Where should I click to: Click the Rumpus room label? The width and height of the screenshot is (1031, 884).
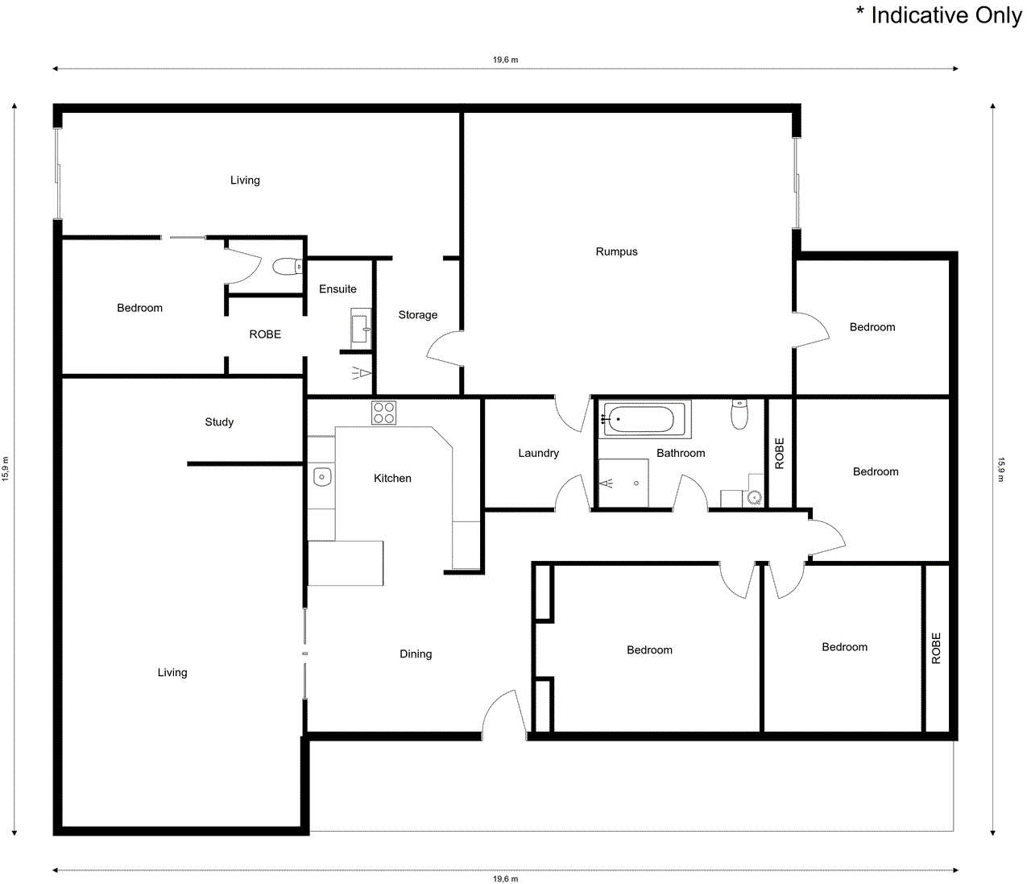[616, 251]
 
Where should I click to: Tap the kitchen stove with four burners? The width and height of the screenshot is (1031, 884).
[383, 413]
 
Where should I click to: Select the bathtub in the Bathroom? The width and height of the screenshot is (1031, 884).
[641, 419]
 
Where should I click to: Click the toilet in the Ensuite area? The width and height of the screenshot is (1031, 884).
[286, 266]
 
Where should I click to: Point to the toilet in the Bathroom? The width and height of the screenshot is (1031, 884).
[739, 414]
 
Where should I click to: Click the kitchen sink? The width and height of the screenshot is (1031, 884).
[321, 477]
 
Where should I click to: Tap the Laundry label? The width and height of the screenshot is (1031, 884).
[538, 453]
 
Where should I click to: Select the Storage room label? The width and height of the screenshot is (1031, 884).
[417, 315]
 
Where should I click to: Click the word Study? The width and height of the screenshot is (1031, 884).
[219, 422]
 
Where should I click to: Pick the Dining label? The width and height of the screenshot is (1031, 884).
[416, 654]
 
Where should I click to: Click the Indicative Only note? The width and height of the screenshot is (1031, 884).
[938, 15]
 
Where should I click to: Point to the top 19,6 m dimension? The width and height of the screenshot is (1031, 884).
[505, 60]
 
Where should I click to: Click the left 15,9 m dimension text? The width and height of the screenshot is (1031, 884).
[6, 469]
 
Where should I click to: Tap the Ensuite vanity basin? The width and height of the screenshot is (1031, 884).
[362, 327]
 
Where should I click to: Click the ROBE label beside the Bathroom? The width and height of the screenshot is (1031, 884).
[779, 454]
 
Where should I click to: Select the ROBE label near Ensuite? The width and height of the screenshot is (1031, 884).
[265, 334]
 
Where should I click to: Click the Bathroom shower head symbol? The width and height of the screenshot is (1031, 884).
[606, 484]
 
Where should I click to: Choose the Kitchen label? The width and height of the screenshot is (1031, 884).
[392, 479]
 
